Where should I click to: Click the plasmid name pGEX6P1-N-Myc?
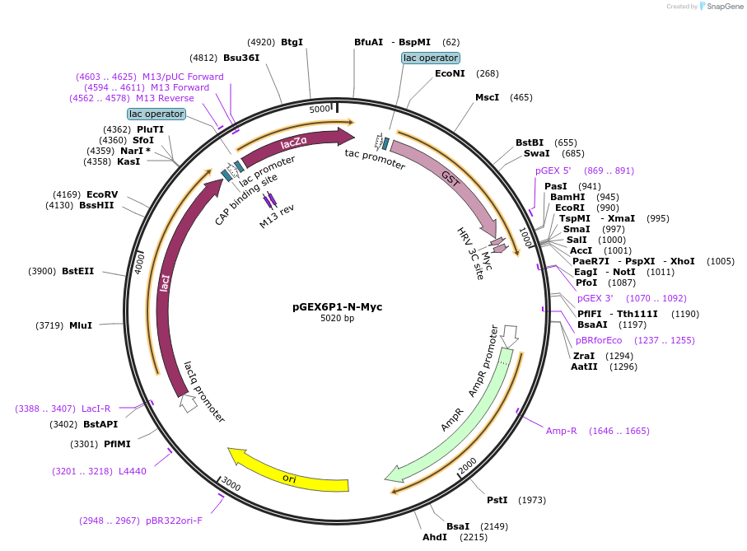[337, 307]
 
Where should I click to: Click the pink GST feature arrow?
[450, 178]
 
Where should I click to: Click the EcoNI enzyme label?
[450, 73]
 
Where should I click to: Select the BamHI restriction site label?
[567, 197]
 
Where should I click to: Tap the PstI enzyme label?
[497, 500]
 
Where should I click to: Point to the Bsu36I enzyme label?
[241, 58]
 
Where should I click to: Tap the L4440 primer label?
[133, 471]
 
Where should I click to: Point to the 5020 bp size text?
[337, 319]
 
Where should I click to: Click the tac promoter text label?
[375, 158]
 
